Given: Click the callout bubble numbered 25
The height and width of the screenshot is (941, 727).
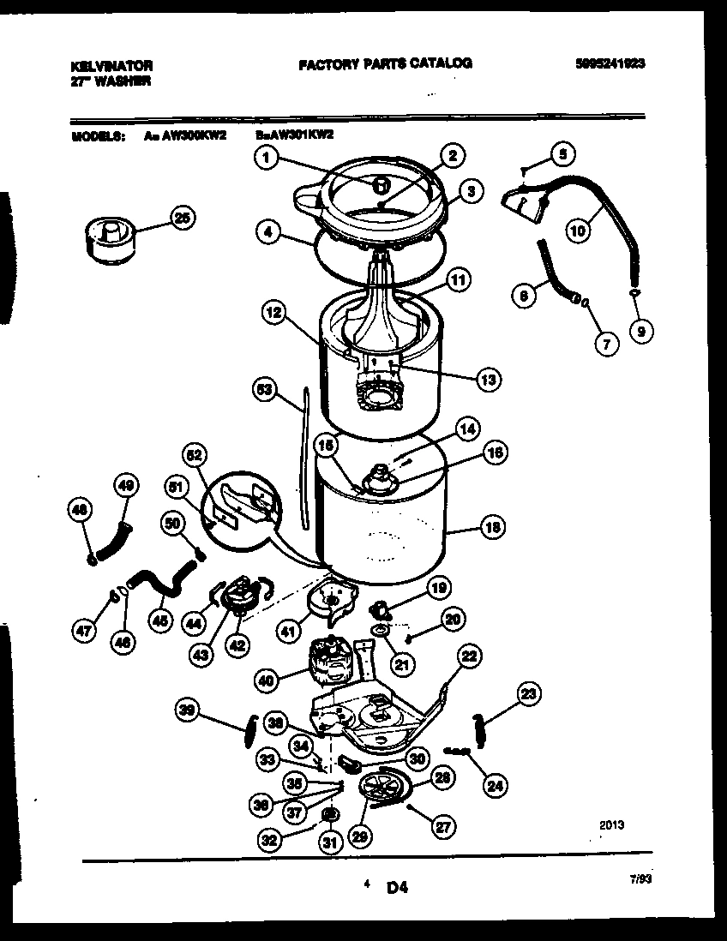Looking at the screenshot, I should coord(181,219).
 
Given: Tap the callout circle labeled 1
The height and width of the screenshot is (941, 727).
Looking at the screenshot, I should coord(267,157).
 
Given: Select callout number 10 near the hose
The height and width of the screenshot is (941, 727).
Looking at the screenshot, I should coord(577,229).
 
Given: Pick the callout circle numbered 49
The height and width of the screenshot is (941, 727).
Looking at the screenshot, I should coord(125,486).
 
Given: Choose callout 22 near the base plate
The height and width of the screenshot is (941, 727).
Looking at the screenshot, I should coord(467,656).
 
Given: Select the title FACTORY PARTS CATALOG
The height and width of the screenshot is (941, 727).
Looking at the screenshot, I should coord(385,63).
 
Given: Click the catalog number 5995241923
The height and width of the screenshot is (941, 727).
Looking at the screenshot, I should coord(610,63).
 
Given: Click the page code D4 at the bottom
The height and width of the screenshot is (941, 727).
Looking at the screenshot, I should coord(395,889).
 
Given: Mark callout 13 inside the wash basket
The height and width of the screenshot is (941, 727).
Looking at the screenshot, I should coord(489,379).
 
